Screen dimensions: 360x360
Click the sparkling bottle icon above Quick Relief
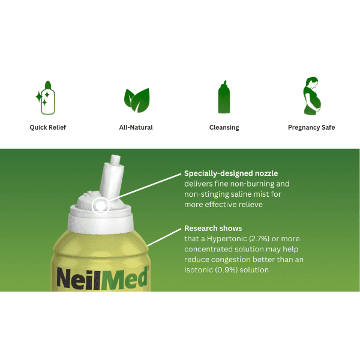coord(44,97)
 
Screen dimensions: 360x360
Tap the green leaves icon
coord(136,98)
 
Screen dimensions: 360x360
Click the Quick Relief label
coord(48,127)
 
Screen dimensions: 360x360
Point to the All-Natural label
coord(136,127)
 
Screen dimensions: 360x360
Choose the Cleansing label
coord(224,127)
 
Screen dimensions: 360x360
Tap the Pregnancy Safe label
coord(311,127)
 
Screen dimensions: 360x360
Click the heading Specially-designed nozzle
coord(231,173)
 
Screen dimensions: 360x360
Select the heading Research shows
coord(213,229)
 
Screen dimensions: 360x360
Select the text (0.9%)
coord(232,270)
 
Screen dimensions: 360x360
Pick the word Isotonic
coord(201,270)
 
